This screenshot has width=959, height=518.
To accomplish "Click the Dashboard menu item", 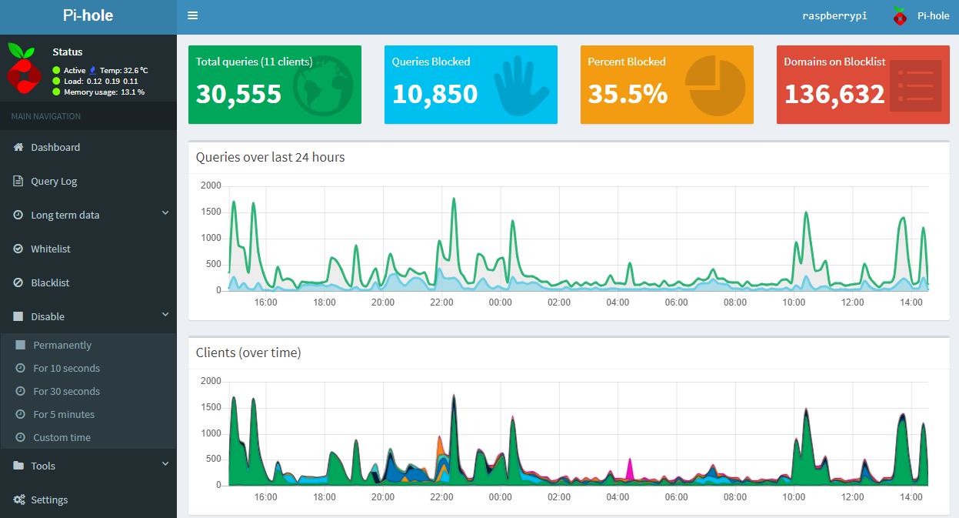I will (55, 147).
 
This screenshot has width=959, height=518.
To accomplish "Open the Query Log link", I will (53, 181).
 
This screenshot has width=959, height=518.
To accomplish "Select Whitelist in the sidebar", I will (50, 249).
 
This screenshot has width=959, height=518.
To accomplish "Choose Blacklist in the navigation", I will (50, 282).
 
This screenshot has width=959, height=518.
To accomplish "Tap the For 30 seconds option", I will (66, 391).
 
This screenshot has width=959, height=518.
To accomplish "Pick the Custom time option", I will (62, 437).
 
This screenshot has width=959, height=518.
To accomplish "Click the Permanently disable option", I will (62, 345).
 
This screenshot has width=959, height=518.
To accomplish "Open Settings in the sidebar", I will (49, 500).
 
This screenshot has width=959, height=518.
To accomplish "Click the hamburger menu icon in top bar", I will (192, 15).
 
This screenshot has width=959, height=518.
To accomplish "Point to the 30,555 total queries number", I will (238, 94).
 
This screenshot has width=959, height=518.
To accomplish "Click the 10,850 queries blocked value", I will (435, 94).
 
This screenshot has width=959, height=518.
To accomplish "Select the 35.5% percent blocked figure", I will (628, 94).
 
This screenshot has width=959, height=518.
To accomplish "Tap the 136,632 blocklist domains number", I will (834, 94).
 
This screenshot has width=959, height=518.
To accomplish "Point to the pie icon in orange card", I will (715, 85).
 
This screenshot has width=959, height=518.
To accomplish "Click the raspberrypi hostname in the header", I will (834, 15).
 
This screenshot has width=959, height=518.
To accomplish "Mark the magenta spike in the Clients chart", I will (630, 468).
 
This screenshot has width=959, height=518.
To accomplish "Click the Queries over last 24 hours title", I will (270, 157).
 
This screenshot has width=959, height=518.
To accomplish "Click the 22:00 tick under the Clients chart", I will (441, 497).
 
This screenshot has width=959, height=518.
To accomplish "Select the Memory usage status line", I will (98, 92).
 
